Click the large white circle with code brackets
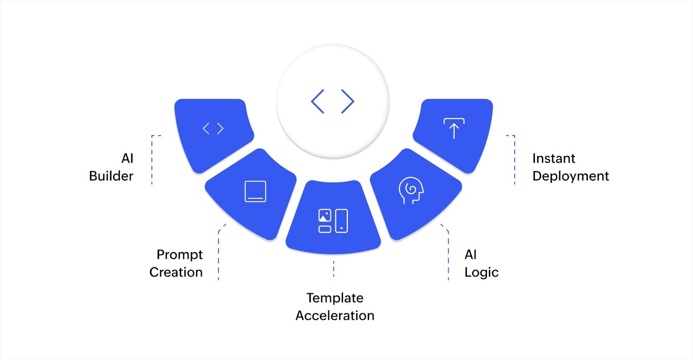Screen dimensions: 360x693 click(x=333, y=101)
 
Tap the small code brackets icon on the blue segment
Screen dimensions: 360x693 click(x=213, y=129)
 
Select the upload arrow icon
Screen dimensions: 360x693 click(x=453, y=128)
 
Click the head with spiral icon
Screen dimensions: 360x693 click(x=410, y=190)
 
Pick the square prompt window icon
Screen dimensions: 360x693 click(x=255, y=191)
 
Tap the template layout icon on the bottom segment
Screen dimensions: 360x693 click(x=333, y=221)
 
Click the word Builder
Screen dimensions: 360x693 click(x=111, y=176)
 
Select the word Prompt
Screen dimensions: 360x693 click(x=179, y=255)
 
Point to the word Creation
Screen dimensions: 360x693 click(x=176, y=272)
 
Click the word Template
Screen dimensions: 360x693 click(x=335, y=298)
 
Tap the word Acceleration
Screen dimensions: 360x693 click(x=335, y=315)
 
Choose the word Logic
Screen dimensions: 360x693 click(x=481, y=272)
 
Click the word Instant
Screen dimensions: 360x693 click(x=554, y=158)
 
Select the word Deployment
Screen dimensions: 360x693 click(x=570, y=176)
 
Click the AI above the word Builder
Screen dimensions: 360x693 click(x=127, y=158)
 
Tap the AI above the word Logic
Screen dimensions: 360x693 click(x=470, y=254)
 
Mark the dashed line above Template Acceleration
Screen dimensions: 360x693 click(x=334, y=269)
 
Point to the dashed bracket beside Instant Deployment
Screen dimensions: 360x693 click(x=514, y=159)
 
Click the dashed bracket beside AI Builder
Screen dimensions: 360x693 click(x=152, y=159)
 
